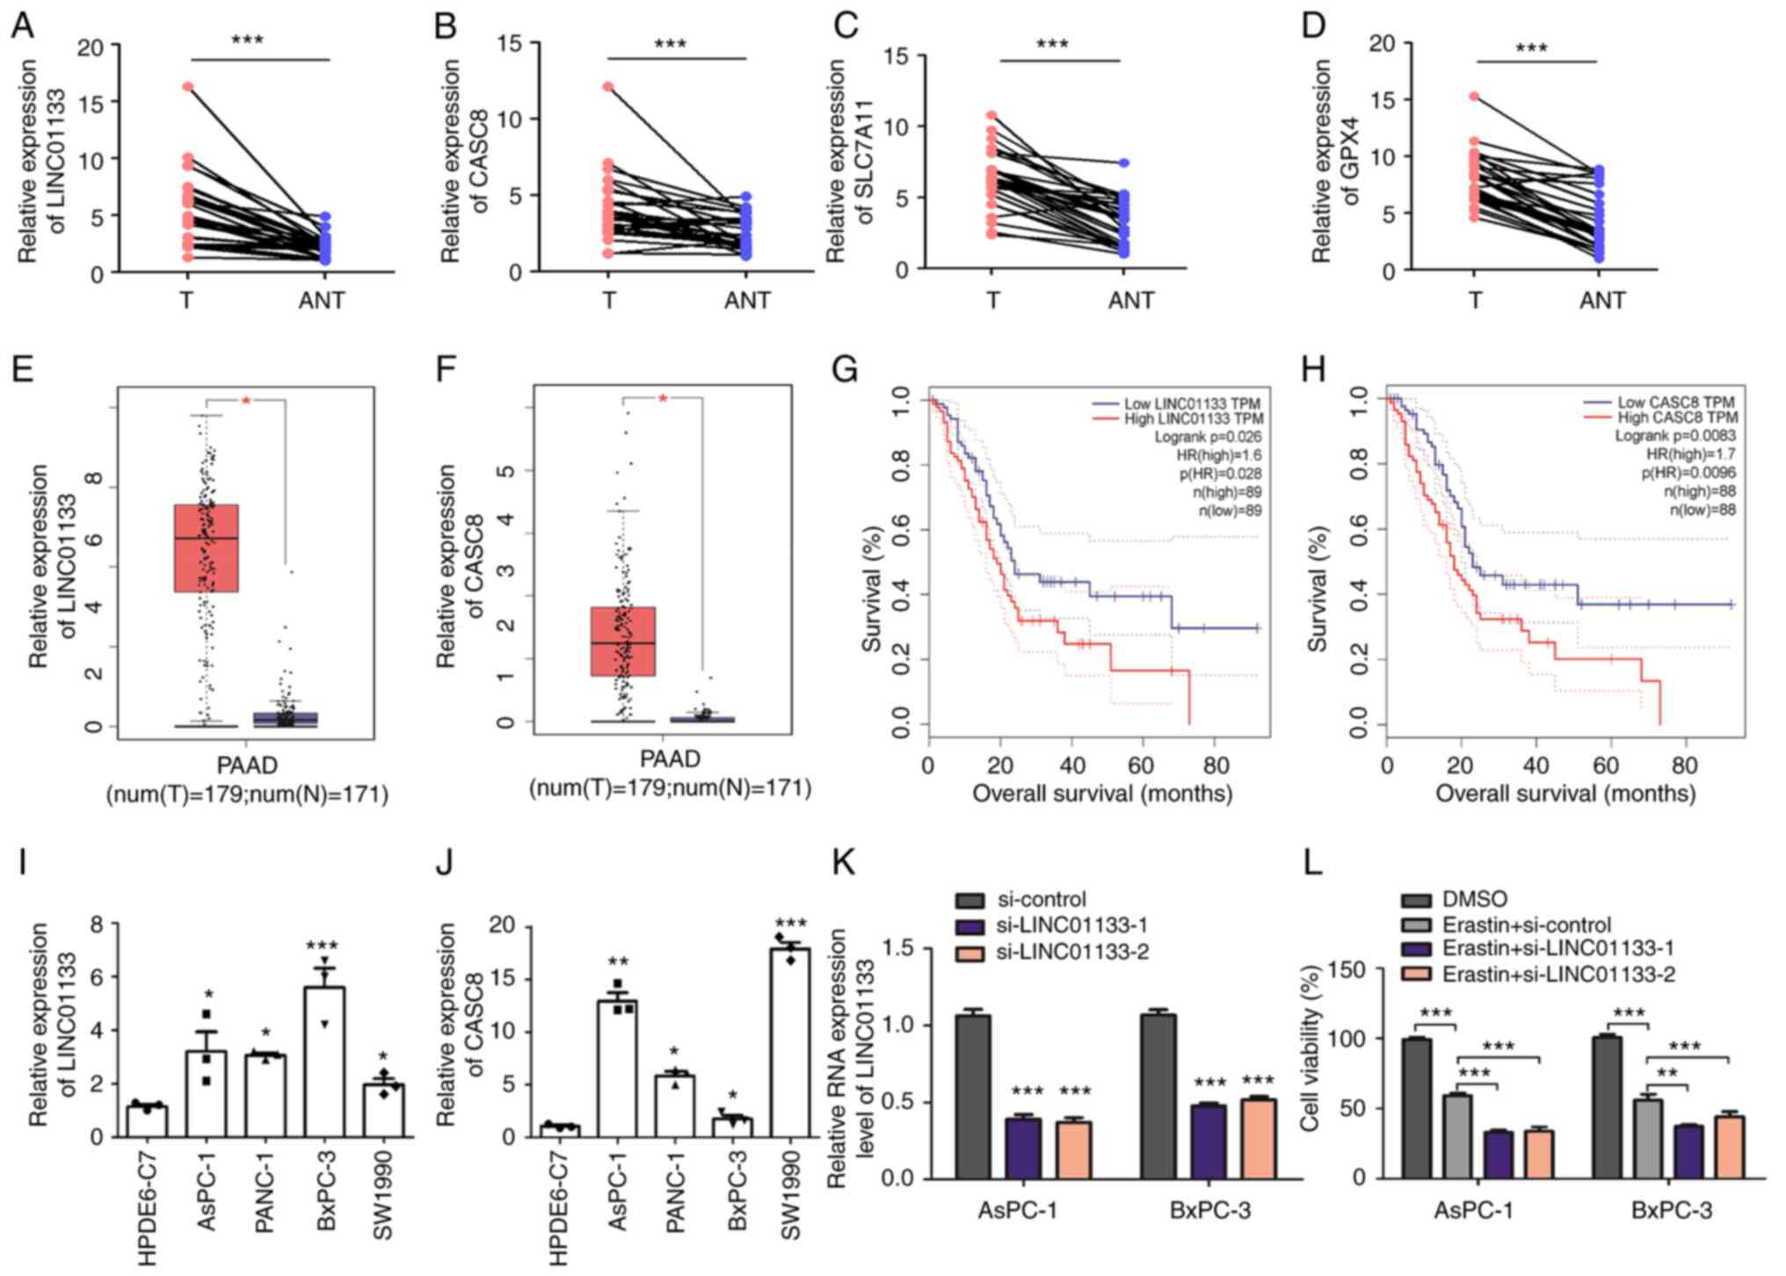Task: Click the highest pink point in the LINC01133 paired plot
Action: click(188, 86)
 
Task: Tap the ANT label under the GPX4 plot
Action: click(1601, 301)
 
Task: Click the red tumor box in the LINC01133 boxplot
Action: click(207, 547)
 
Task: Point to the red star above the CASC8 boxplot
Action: click(663, 400)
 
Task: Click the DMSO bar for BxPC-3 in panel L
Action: click(1607, 1107)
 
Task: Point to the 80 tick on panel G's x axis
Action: click(1216, 765)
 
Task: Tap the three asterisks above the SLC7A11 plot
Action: click(1052, 43)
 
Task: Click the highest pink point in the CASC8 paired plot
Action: click(608, 86)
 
